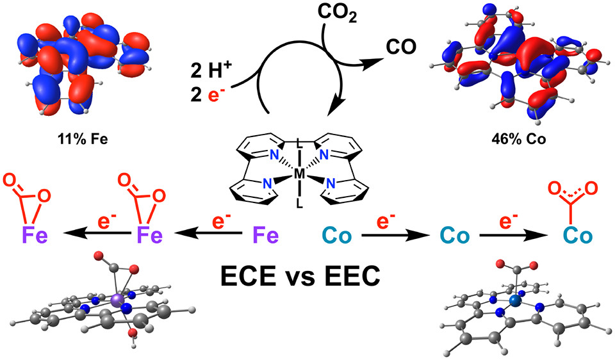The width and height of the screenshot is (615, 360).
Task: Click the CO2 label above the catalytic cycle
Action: pos(337,13)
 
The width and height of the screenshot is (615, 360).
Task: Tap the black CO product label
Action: pos(400,47)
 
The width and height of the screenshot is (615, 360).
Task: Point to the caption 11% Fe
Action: pos(83,139)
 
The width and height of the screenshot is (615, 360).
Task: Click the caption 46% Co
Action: pos(518,139)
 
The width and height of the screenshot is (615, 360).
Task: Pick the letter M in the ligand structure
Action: pos(299,174)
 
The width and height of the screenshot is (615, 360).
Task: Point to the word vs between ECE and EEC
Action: pos(300,277)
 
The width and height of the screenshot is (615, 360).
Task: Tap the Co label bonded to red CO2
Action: pos(577,236)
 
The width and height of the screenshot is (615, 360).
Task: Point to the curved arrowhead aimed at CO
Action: pos(373,63)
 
